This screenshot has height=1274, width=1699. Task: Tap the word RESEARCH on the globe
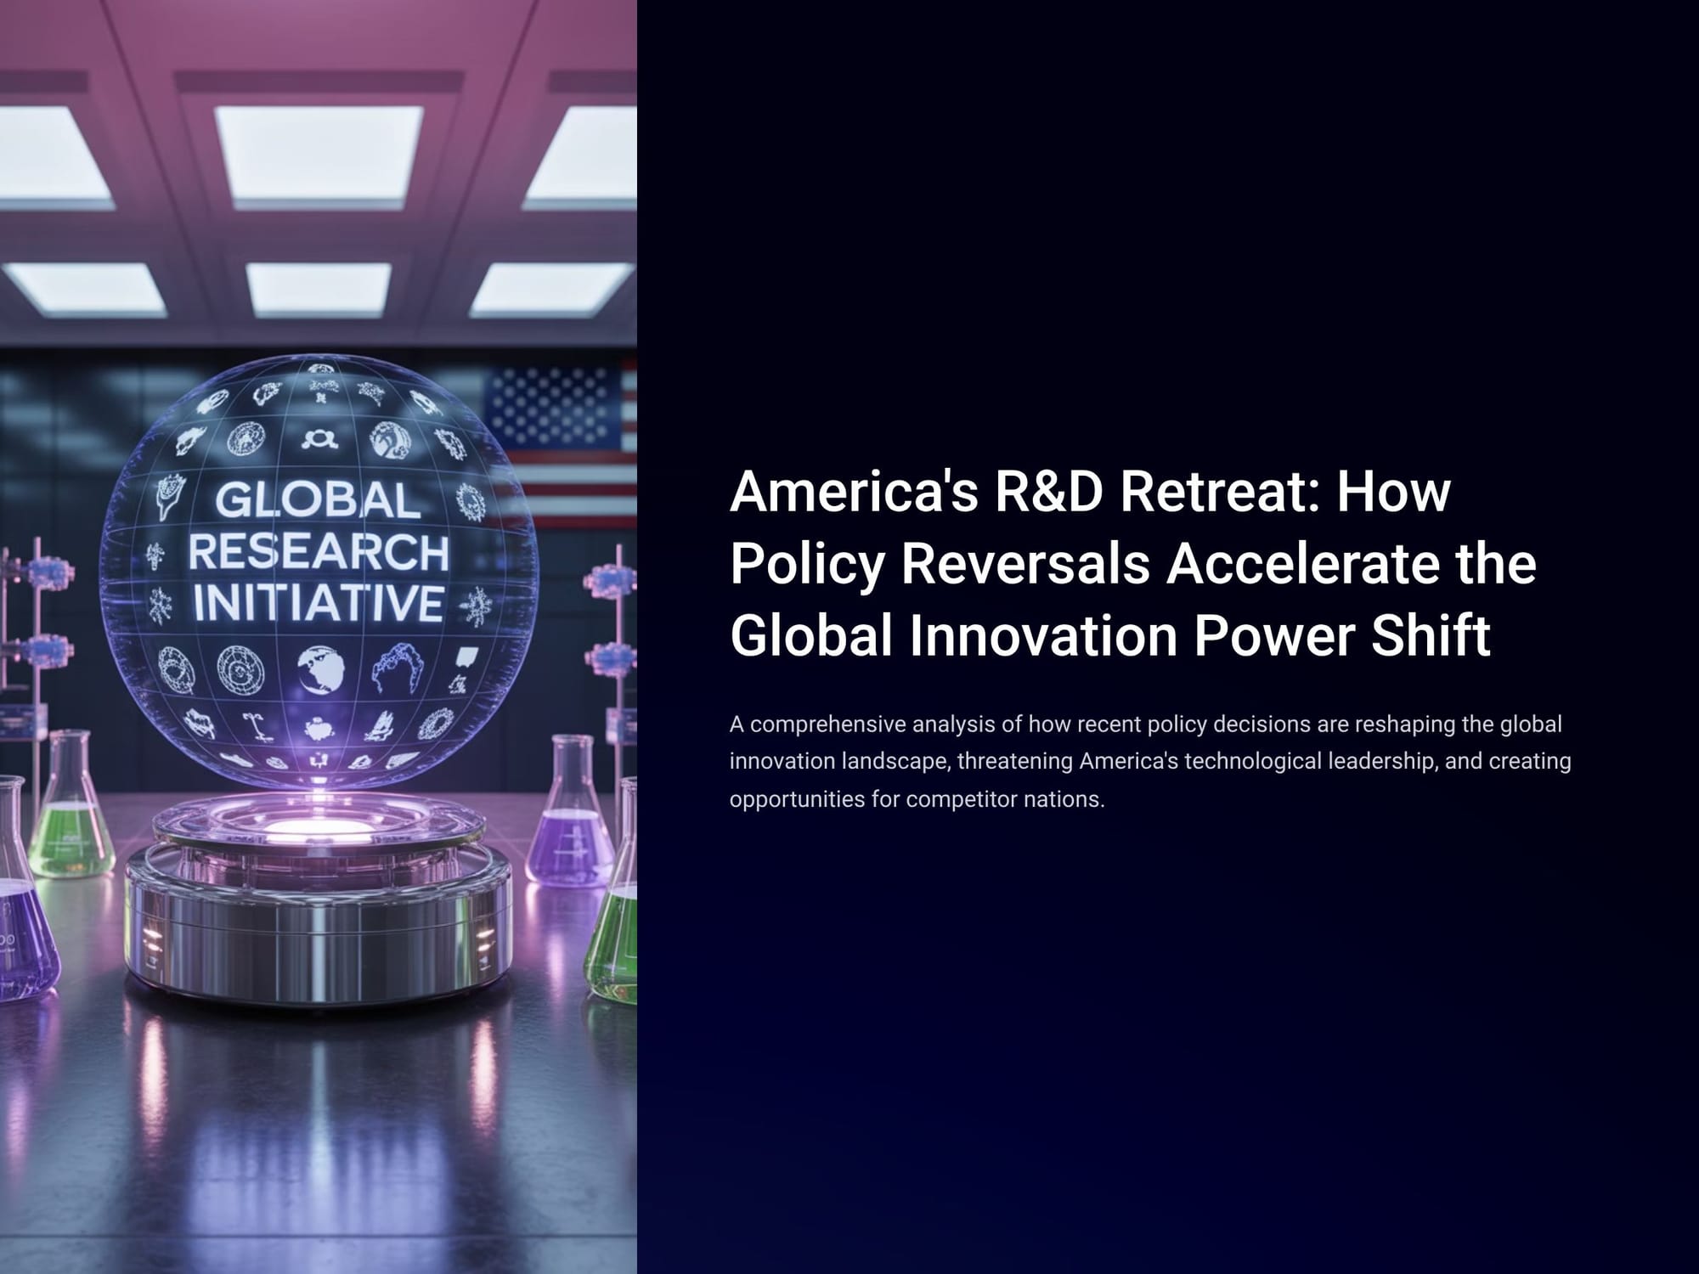point(318,553)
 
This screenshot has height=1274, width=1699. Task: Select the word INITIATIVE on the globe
point(318,603)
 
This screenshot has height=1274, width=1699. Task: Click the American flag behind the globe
point(561,442)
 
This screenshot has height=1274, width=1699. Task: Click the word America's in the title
point(854,491)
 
